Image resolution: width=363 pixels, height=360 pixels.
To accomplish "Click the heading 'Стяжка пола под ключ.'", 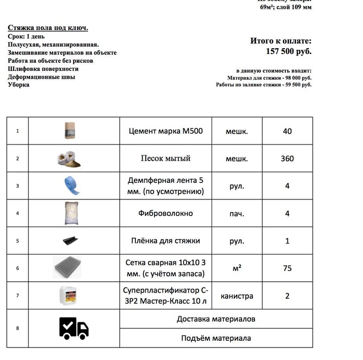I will pos(48,27).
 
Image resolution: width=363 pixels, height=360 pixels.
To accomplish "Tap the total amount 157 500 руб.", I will pos(288,51).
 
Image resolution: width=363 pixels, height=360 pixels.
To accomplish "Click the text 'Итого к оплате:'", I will pos(281,41).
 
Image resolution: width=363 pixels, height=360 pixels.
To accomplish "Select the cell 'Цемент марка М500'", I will pos(165,131).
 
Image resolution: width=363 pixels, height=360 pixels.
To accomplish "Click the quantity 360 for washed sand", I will pos(287,159).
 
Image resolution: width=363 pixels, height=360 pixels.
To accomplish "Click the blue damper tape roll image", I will pos(71,185).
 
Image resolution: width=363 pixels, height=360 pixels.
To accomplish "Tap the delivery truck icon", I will pos(74,328).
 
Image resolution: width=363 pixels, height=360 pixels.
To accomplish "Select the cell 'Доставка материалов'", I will pos(216,319).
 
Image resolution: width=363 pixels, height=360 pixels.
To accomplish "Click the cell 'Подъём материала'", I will pos(216,338).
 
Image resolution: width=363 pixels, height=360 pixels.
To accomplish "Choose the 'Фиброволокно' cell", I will pos(165,213).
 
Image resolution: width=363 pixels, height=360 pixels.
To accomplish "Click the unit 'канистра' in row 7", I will pos(237,296).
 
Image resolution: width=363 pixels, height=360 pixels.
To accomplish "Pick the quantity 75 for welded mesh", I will pos(287,268).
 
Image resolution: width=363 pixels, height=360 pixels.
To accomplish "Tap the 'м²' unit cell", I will pos(237,268).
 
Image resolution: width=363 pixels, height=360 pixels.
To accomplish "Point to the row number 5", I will pos(18,241).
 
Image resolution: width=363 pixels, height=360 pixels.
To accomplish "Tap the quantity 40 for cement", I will pos(287,131).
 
